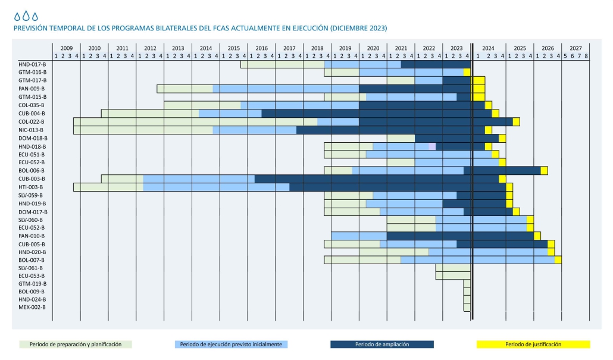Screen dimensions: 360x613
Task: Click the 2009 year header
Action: pyautogui.click(x=66, y=48)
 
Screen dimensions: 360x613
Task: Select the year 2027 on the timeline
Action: pyautogui.click(x=576, y=48)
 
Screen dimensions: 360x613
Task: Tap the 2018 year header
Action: pyautogui.click(x=317, y=48)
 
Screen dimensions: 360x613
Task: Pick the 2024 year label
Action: pyautogui.click(x=488, y=48)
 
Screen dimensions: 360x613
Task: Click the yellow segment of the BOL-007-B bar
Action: pyautogui.click(x=558, y=259)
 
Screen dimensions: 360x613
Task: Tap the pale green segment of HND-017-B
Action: pyautogui.click(x=282, y=64)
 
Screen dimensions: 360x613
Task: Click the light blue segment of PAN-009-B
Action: pyautogui.click(x=286, y=89)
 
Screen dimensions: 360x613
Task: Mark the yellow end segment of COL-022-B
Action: pyautogui.click(x=516, y=121)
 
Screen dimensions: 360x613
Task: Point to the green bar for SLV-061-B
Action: pyautogui.click(x=453, y=268)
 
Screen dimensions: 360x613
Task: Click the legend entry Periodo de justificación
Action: pyautogui.click(x=533, y=344)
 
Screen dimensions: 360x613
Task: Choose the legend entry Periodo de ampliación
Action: pyautogui.click(x=381, y=344)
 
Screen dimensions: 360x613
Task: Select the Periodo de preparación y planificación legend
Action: pyautogui.click(x=75, y=344)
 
